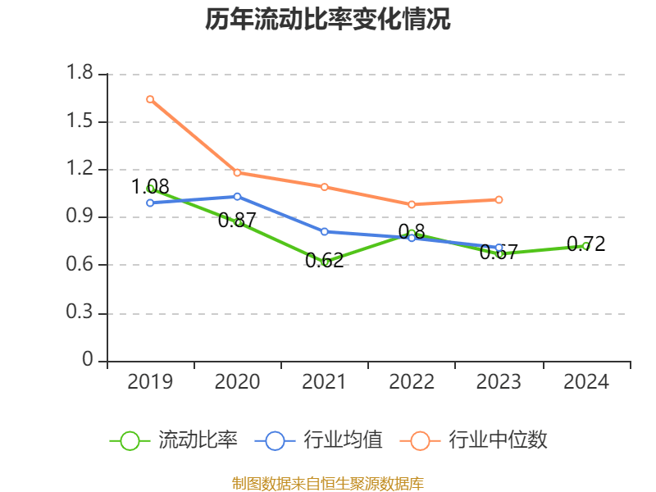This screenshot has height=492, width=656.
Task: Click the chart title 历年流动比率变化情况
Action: click(328, 20)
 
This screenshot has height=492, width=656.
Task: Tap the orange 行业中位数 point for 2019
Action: click(150, 99)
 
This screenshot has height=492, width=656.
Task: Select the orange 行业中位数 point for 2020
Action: click(237, 172)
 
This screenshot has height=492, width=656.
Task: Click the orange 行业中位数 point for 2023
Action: click(499, 199)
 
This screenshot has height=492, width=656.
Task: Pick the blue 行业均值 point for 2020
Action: click(237, 196)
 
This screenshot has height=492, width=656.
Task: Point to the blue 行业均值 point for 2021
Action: click(325, 231)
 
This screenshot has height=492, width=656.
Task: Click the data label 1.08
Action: click(150, 186)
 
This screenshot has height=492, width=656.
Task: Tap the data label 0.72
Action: click(585, 244)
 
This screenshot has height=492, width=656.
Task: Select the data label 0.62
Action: click(324, 261)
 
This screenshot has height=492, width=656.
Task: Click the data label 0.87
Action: click(237, 220)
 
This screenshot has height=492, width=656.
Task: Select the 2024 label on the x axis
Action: click(585, 382)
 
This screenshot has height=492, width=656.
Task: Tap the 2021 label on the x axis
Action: click(324, 382)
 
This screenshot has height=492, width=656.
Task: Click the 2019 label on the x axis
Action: click(150, 382)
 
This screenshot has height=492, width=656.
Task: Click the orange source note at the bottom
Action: click(328, 483)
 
